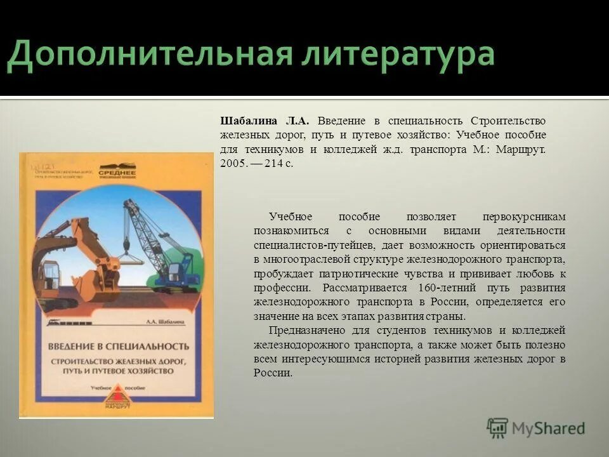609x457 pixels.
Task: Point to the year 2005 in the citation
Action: (x=232, y=163)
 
